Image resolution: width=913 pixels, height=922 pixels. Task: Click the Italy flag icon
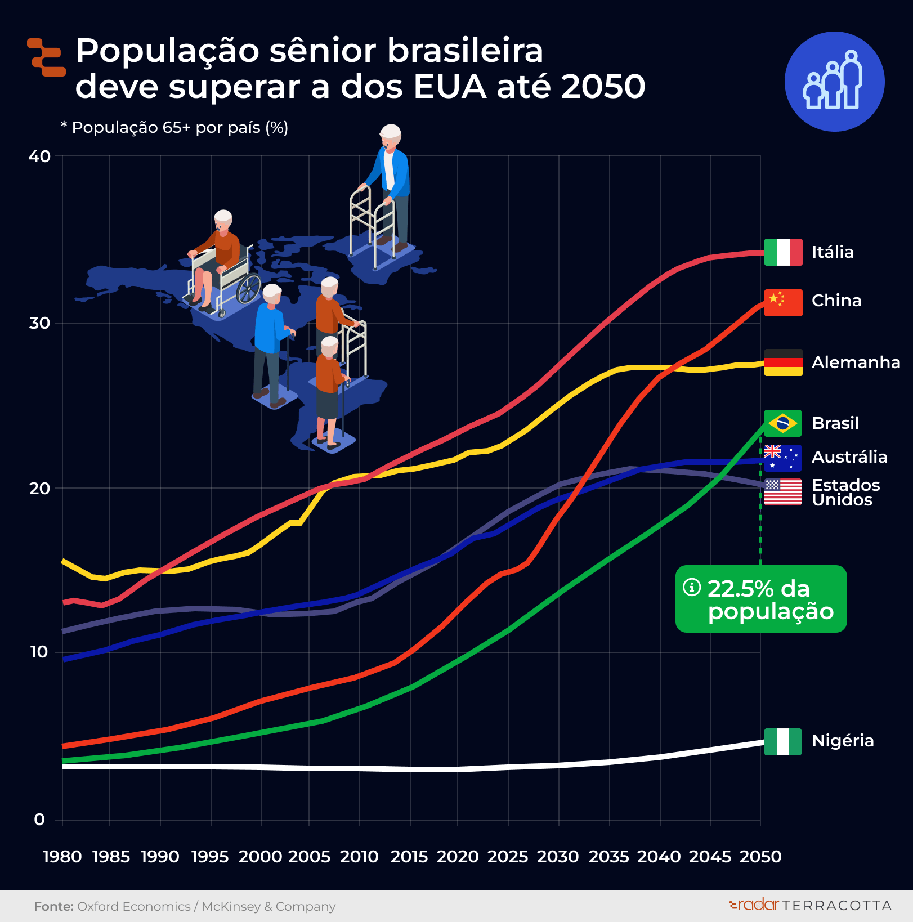pos(783,252)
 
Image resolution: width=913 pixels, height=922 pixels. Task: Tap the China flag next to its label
pos(783,302)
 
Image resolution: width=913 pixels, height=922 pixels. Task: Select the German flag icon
pos(783,362)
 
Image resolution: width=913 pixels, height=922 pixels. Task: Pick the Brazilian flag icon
pos(782,423)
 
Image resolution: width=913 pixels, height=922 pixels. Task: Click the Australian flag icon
pos(782,458)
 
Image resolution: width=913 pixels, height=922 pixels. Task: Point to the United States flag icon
pos(782,492)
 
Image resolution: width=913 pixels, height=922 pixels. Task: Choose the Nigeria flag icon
pos(782,741)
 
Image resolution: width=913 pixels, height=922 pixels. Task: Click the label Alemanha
pos(856,362)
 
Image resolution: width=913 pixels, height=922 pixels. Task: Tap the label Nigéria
pos(843,741)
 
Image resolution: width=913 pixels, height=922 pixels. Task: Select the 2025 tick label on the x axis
pos(508,857)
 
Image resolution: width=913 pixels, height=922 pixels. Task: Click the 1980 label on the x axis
pos(62,857)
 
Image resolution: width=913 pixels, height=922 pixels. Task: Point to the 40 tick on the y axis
pos(39,156)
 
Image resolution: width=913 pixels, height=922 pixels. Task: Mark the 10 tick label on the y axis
pos(39,652)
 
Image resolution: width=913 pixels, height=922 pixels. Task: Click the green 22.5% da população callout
pos(761,599)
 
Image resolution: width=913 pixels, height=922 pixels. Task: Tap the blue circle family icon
pos(834,82)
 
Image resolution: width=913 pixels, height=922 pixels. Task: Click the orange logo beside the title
pos(47,57)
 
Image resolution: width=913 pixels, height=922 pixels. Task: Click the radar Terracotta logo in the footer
pos(810,905)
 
